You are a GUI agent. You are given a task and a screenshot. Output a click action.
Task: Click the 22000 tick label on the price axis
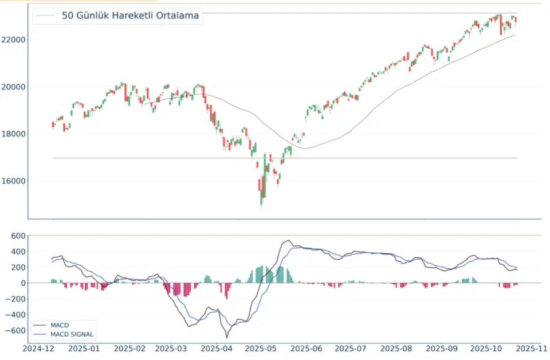click(13, 40)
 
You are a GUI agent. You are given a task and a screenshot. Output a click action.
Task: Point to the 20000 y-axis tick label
click(13, 87)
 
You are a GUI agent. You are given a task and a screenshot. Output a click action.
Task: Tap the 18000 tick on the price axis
click(13, 134)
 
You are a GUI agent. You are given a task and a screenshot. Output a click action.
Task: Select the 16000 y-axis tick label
click(13, 181)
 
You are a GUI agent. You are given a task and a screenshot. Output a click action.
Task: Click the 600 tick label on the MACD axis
click(16, 236)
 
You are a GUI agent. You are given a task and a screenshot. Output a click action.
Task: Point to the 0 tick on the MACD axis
click(22, 283)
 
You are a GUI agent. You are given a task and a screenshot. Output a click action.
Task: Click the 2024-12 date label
click(38, 349)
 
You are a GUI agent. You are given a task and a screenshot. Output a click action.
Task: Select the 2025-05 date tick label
click(261, 349)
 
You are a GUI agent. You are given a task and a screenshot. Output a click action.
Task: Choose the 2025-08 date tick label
click(396, 349)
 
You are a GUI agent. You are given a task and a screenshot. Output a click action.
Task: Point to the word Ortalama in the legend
click(177, 16)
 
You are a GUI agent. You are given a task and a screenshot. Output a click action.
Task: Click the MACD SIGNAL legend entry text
click(72, 334)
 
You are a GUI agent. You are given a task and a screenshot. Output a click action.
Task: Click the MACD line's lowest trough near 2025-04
click(227, 338)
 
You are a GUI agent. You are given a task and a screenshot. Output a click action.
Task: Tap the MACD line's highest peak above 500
click(288, 241)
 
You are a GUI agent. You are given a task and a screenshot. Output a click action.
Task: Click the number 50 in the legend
click(68, 16)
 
